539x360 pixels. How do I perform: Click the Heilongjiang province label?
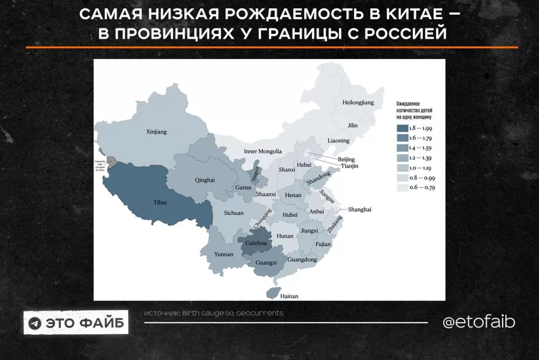[x=358, y=103]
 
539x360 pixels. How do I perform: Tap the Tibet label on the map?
[x=160, y=202]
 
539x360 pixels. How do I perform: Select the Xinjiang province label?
[x=156, y=132]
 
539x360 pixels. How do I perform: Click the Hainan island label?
[x=289, y=296]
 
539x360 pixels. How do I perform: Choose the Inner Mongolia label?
[x=263, y=151]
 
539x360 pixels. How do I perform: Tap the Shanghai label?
[x=360, y=209]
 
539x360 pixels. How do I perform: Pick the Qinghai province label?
[x=204, y=180]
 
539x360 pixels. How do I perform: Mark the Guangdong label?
[x=303, y=259]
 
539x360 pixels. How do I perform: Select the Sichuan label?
[x=234, y=213]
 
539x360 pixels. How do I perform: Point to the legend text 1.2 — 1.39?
[x=421, y=158]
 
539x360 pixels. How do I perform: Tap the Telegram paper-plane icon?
[x=35, y=323]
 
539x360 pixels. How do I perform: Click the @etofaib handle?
[x=478, y=322]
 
